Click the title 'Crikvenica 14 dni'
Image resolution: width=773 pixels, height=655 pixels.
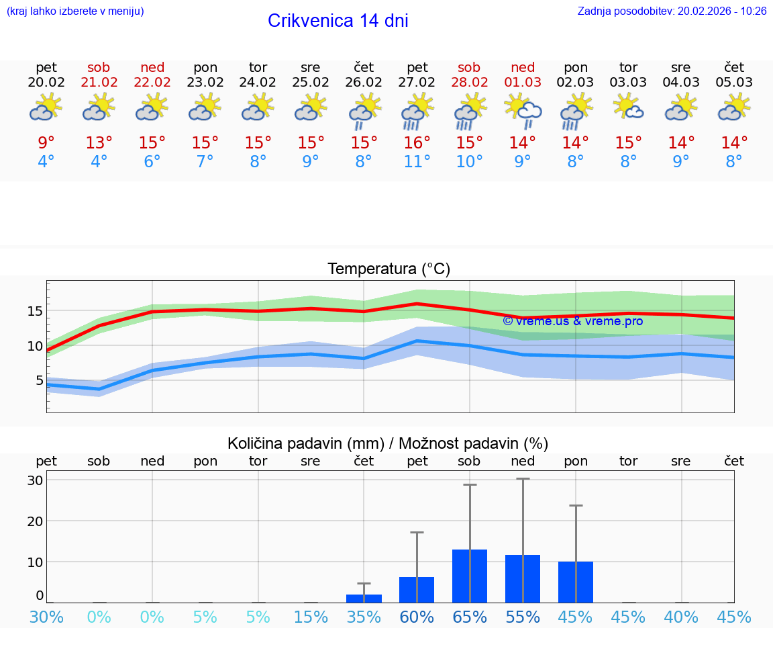[338, 21]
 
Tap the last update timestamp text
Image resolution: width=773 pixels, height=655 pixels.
[672, 11]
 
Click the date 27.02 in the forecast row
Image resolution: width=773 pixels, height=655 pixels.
[417, 83]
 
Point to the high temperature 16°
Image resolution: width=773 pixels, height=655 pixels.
[417, 143]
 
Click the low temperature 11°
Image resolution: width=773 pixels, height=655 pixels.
[417, 162]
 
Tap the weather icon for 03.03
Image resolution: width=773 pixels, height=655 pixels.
[629, 107]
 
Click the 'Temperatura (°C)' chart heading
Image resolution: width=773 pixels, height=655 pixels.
[389, 269]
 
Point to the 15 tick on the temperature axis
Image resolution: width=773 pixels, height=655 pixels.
[35, 311]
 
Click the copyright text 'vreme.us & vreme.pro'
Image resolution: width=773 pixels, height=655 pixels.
[573, 321]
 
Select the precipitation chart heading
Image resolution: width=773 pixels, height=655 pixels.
[388, 443]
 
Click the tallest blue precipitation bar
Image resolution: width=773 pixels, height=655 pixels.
[470, 576]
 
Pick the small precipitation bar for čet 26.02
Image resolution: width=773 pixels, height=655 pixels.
[364, 598]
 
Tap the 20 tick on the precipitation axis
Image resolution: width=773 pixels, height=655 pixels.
[35, 521]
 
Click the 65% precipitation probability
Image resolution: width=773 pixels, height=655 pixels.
[470, 617]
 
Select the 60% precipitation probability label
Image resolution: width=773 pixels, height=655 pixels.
[417, 617]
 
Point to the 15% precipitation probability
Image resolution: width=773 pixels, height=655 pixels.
[311, 617]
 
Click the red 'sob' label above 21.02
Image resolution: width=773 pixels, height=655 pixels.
[99, 68]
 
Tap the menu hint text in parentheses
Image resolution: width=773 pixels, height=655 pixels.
[74, 11]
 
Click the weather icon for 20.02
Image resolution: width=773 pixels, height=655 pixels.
[46, 107]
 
